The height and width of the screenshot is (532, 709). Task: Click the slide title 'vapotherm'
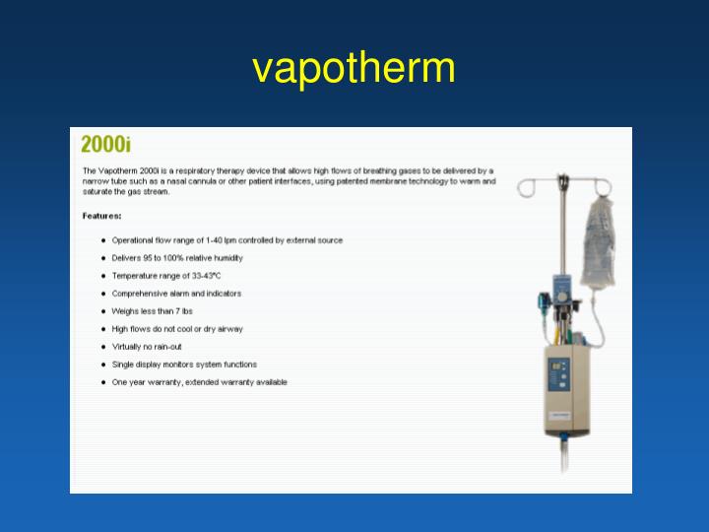354,68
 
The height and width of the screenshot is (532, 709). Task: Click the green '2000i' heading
105,145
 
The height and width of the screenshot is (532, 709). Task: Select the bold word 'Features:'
102,215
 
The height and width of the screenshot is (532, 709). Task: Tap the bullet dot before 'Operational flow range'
103,240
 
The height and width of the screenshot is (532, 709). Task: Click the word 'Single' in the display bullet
123,365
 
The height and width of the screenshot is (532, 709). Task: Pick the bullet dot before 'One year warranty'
103,382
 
